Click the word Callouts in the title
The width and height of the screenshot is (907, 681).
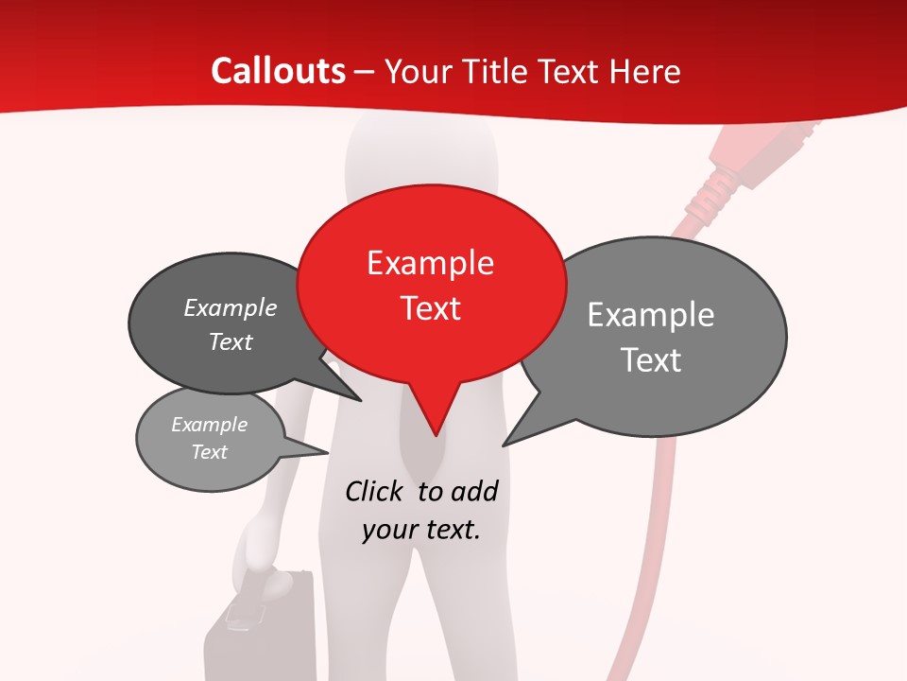click(278, 71)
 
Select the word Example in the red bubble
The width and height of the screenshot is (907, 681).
click(430, 263)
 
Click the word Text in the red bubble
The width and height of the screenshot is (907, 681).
click(430, 308)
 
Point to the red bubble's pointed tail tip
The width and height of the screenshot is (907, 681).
click(436, 435)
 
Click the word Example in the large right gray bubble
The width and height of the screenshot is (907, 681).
click(651, 315)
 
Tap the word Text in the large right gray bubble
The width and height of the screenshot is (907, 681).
click(651, 360)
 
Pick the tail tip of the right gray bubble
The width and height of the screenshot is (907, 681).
click(504, 445)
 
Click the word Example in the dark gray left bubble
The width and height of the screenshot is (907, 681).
click(231, 308)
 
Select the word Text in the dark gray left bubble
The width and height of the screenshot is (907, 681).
click(231, 342)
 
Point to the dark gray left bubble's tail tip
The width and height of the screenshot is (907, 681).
click(361, 401)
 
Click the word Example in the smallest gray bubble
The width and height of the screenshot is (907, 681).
click(210, 426)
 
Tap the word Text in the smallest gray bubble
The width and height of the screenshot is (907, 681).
click(210, 452)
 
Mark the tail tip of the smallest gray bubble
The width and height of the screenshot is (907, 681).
click(328, 453)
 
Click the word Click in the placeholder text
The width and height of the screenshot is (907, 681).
click(375, 491)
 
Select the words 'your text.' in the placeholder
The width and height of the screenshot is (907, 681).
click(421, 530)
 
